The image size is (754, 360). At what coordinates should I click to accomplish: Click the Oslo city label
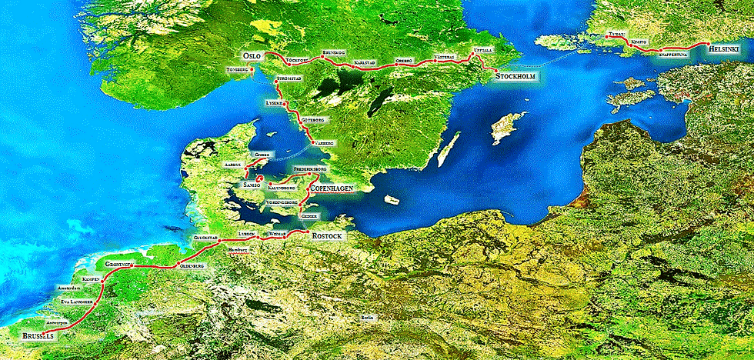point(252,56)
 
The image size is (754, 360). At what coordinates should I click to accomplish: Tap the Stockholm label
point(515,77)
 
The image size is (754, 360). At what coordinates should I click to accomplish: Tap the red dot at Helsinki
point(702,45)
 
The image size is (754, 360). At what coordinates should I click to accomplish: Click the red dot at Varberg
point(311,143)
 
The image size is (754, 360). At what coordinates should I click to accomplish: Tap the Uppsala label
point(483,50)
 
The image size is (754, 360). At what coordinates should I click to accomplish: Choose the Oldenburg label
point(191,265)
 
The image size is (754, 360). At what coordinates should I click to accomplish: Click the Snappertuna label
point(675,55)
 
